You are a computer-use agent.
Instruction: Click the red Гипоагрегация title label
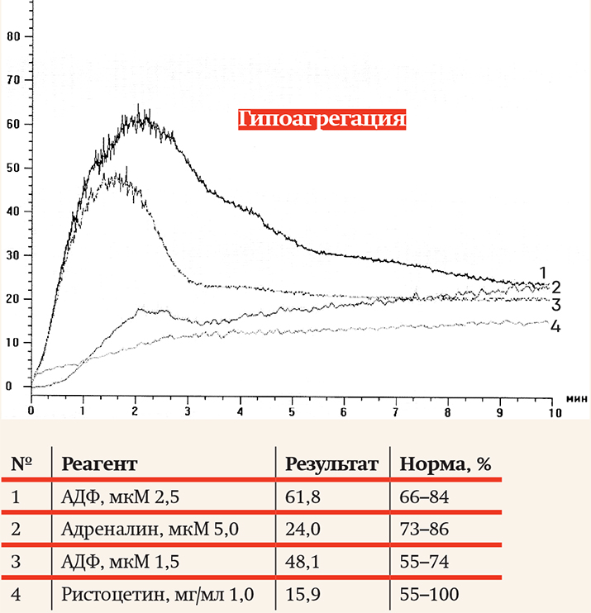coord(322,119)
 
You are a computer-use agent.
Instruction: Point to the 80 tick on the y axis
coord(12,36)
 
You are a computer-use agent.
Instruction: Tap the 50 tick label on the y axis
coord(12,168)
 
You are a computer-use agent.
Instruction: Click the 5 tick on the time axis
coord(292,410)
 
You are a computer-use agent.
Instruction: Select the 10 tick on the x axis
coord(551,410)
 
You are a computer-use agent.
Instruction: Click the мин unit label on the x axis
coord(576,398)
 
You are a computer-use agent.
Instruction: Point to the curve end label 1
coord(543,272)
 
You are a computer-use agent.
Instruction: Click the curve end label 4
coord(555,326)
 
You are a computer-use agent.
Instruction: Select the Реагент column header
coord(99,464)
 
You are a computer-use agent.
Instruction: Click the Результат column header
coord(331,464)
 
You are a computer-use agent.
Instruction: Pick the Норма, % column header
coord(445,464)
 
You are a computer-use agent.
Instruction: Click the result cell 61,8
coord(301,497)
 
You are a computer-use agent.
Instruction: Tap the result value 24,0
coord(302,530)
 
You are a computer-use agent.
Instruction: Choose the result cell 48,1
coord(301,562)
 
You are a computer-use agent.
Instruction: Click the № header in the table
coord(21,464)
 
